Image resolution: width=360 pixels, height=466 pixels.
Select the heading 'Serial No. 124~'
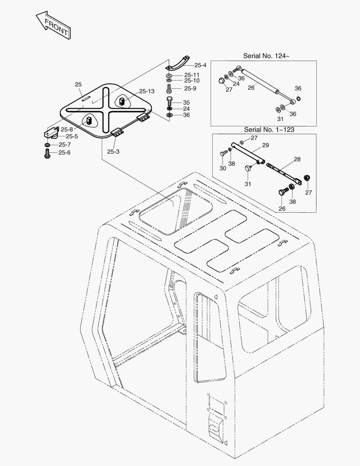coord(266,56)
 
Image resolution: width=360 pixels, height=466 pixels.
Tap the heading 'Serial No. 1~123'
coord(269,129)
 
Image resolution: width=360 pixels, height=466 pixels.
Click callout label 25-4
coord(200,65)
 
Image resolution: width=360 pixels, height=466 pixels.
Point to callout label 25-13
coord(147,91)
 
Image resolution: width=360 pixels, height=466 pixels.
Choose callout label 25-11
coord(191,75)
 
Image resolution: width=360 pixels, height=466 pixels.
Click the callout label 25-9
coord(190,88)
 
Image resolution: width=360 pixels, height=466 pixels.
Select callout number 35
coord(186,102)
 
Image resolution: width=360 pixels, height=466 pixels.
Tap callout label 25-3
coord(113,151)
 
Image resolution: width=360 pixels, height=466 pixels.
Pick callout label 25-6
coord(64,152)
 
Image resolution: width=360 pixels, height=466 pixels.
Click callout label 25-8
coord(66,129)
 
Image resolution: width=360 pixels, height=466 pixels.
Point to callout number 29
coord(266,145)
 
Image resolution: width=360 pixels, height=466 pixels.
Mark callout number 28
coord(297,159)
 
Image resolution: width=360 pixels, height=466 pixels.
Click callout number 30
coord(222,168)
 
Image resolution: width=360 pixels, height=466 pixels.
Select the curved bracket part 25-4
coord(178,63)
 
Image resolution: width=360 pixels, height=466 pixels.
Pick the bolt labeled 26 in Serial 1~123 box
coord(282,193)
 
